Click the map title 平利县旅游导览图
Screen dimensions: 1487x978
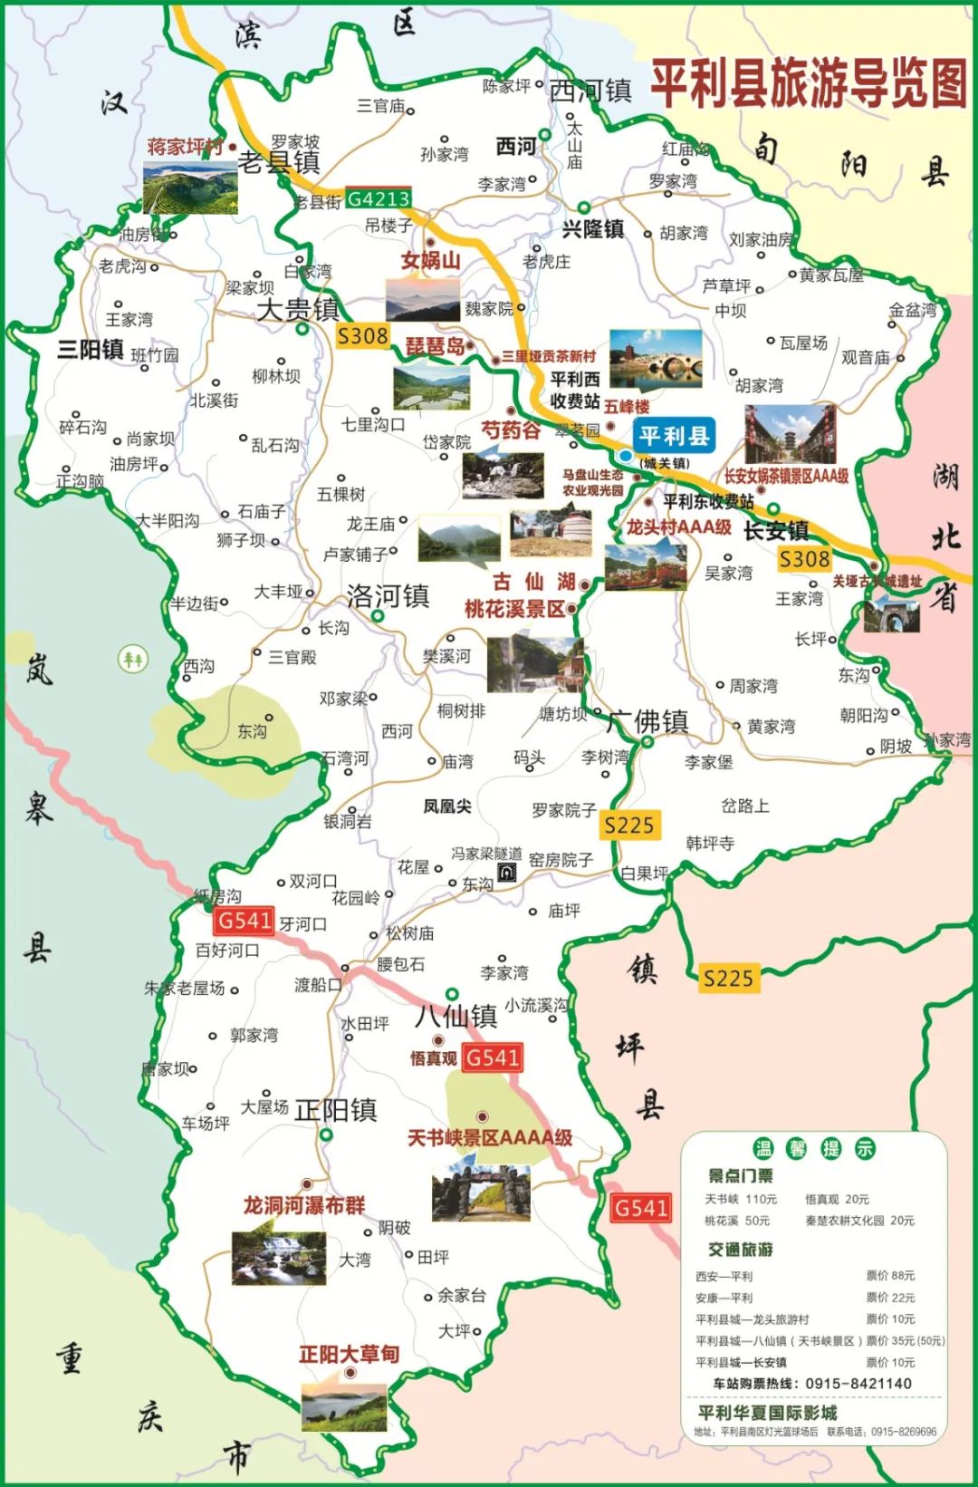809,83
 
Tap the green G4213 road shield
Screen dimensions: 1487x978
379,198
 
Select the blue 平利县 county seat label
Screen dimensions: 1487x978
674,436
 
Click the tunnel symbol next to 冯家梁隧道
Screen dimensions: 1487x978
507,873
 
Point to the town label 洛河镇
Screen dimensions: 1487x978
388,596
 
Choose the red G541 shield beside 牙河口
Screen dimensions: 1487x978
244,921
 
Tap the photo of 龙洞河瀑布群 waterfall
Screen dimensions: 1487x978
278,1257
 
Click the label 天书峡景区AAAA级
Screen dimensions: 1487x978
490,1138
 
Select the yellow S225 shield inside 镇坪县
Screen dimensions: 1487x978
728,979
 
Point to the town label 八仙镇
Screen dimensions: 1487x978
455,1016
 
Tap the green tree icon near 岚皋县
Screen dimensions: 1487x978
133,659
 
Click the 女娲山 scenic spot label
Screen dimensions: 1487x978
431,261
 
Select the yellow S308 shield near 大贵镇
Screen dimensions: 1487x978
362,336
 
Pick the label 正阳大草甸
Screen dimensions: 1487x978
349,1354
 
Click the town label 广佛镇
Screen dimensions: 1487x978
648,722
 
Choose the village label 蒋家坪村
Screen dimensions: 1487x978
185,147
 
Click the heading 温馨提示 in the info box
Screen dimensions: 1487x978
813,1149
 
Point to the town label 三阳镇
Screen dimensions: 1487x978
90,350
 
